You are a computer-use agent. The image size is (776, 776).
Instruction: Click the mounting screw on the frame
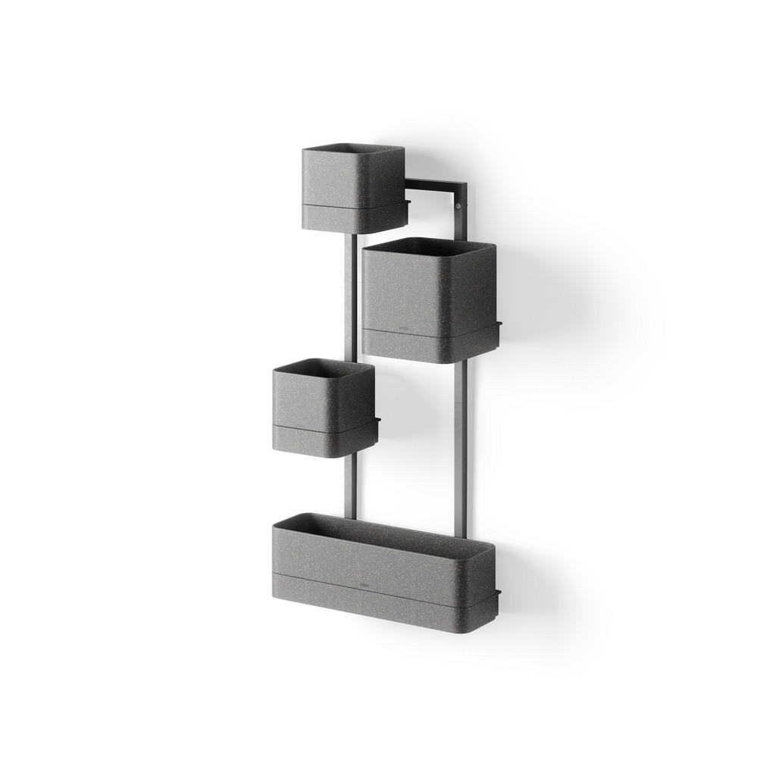[x=458, y=206]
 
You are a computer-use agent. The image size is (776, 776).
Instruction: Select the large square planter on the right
[x=429, y=292]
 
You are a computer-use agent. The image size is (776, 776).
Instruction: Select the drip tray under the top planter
[x=355, y=216]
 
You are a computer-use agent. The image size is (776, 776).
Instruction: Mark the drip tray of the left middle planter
[x=325, y=440]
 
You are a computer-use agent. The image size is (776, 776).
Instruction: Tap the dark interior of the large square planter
[x=429, y=246]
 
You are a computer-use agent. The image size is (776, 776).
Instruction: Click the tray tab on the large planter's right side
[x=499, y=327]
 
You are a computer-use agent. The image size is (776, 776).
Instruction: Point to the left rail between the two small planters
[x=349, y=296]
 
